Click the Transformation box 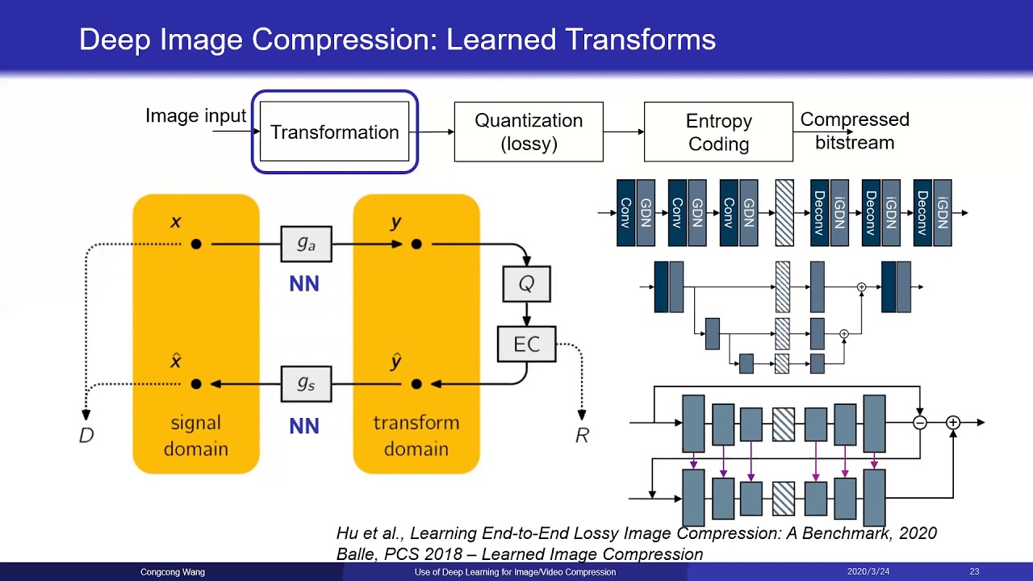pos(334,132)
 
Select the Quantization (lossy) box pos(529,132)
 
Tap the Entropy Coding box pos(718,132)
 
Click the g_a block pos(306,244)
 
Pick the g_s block pos(306,384)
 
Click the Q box pos(526,283)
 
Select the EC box pos(526,345)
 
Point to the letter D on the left pos(86,436)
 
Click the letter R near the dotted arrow pos(582,436)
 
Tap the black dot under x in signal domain pos(196,244)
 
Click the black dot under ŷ pos(416,384)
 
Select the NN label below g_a pos(304,284)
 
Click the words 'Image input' pos(195,116)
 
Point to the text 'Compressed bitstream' pos(855,131)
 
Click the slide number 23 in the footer pos(974,572)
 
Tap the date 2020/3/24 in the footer pos(867,572)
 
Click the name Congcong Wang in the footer pos(173,572)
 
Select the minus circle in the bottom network pos(919,423)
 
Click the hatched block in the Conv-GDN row pos(784,213)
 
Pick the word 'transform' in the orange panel pos(416,423)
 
